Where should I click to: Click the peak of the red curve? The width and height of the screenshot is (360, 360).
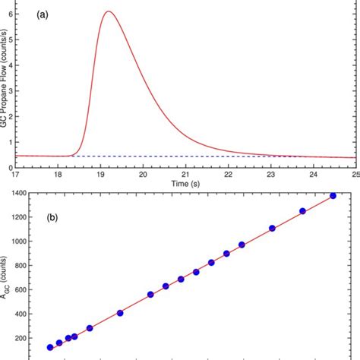tap(109, 12)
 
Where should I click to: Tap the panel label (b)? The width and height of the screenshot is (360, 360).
tap(52, 216)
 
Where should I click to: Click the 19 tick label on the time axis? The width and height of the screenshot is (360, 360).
tap(101, 172)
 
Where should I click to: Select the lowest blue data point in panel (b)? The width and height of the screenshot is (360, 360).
tap(50, 347)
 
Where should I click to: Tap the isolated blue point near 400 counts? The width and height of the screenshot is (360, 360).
tap(120, 313)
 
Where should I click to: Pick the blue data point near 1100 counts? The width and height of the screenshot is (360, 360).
tap(273, 228)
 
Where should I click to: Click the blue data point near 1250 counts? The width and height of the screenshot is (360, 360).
tap(302, 211)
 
